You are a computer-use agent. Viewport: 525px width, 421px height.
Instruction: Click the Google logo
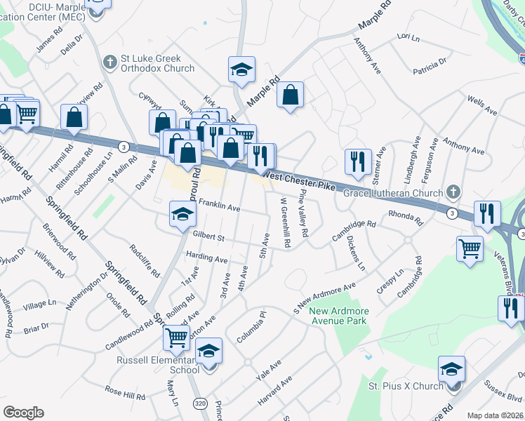point(23,413)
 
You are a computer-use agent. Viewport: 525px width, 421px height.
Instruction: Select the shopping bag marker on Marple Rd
point(290,95)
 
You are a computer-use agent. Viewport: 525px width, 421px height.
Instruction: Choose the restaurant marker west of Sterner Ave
point(358,161)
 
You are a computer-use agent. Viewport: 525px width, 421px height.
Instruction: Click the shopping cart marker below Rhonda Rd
point(470,248)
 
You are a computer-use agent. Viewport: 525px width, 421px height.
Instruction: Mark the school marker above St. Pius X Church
point(451,369)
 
